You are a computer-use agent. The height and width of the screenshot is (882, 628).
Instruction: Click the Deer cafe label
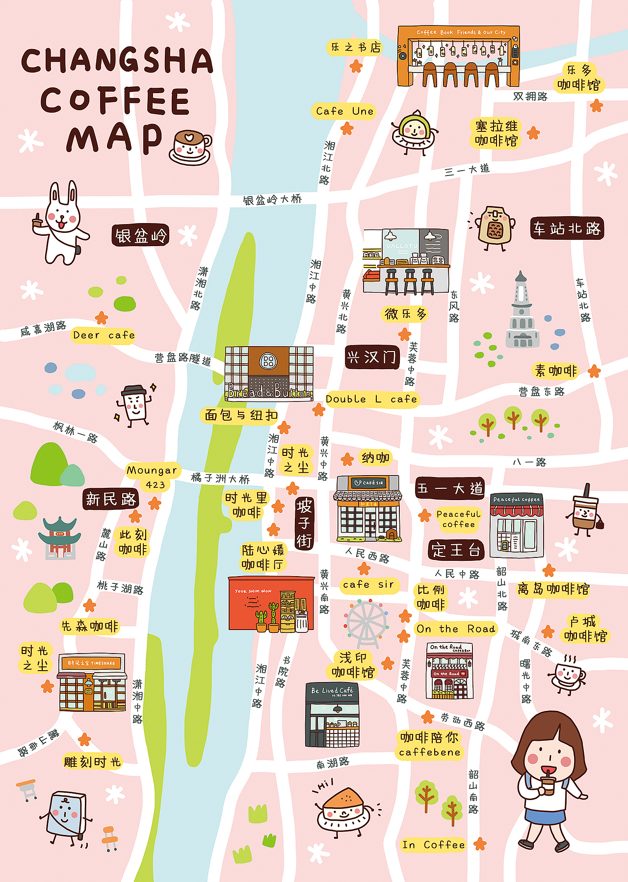pos(104,335)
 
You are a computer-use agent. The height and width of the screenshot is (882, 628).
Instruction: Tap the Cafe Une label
pos(344,111)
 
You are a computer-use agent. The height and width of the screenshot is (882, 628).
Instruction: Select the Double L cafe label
pos(371,399)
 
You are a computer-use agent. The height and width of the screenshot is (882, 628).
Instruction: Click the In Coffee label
pos(433,845)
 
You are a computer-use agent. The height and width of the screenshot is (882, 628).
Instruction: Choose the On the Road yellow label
pos(456,629)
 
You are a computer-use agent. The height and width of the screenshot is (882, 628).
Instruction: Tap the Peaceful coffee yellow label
pos(459,519)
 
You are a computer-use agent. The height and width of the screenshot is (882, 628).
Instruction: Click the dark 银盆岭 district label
pos(141,236)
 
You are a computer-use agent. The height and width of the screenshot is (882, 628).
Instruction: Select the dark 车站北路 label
pos(567,228)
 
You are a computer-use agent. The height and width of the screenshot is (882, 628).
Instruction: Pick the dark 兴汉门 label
pos(372,357)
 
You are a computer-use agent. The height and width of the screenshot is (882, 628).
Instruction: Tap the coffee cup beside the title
pos(191,147)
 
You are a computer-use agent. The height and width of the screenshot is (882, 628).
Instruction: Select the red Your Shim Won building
pos(271,604)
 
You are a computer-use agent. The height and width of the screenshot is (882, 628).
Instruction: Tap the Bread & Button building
pos(269,374)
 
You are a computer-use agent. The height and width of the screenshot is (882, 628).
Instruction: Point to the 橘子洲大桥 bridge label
pos(220,478)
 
